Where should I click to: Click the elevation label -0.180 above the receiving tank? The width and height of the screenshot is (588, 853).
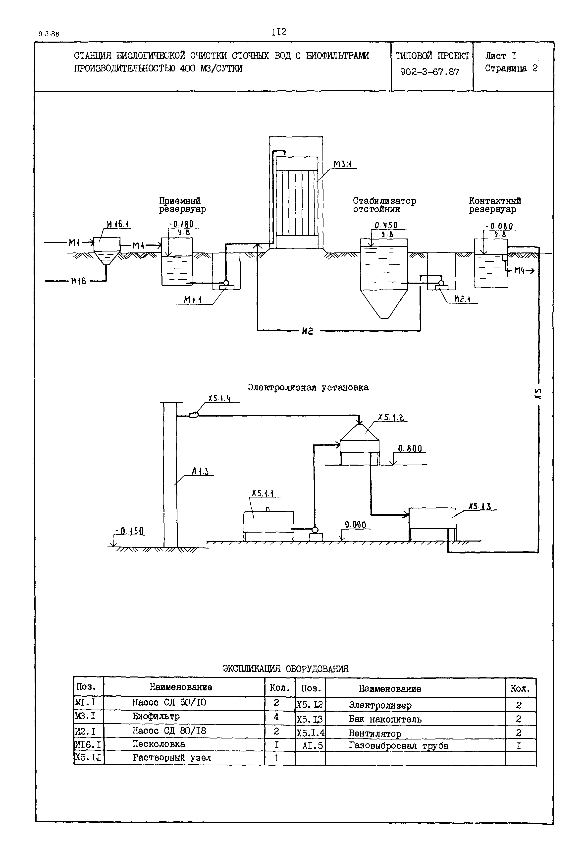(180, 224)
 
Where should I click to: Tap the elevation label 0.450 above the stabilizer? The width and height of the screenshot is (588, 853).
(386, 225)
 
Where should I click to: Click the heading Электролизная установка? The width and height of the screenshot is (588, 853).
(308, 387)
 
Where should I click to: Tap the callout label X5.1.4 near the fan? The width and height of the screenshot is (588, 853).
(219, 398)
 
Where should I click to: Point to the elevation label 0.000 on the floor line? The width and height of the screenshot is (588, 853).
(356, 525)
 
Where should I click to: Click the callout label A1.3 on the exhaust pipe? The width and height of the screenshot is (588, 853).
(200, 471)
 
